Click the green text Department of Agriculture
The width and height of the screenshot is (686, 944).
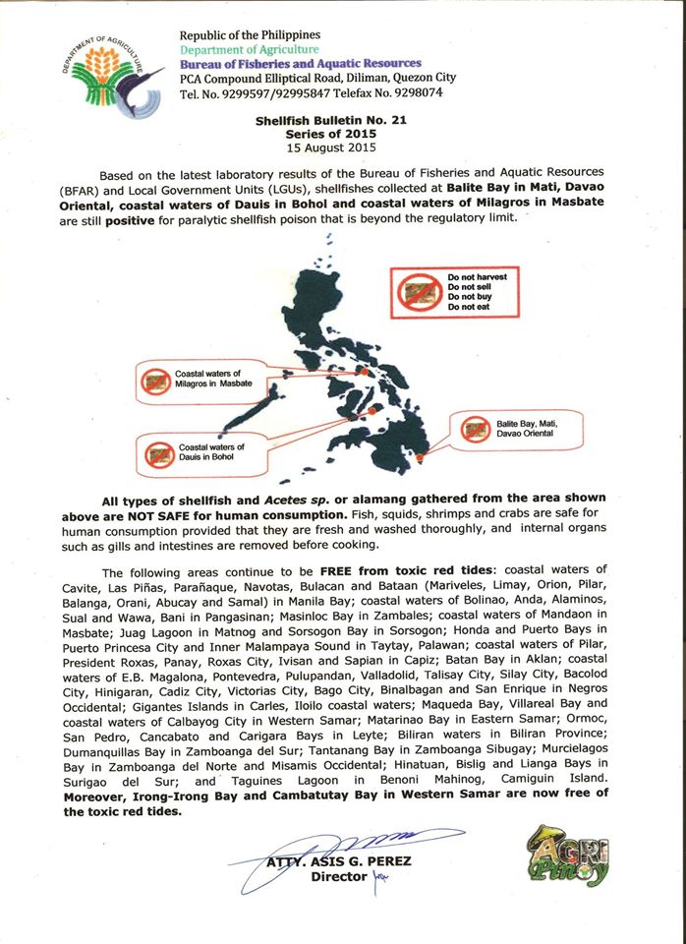(249, 49)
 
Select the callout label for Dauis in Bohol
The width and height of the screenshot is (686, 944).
(211, 453)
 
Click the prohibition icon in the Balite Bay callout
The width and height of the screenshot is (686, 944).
(478, 428)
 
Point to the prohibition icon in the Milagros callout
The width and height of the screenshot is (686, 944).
(156, 381)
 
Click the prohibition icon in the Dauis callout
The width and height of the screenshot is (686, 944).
(158, 453)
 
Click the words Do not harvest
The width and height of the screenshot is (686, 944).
(478, 277)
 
